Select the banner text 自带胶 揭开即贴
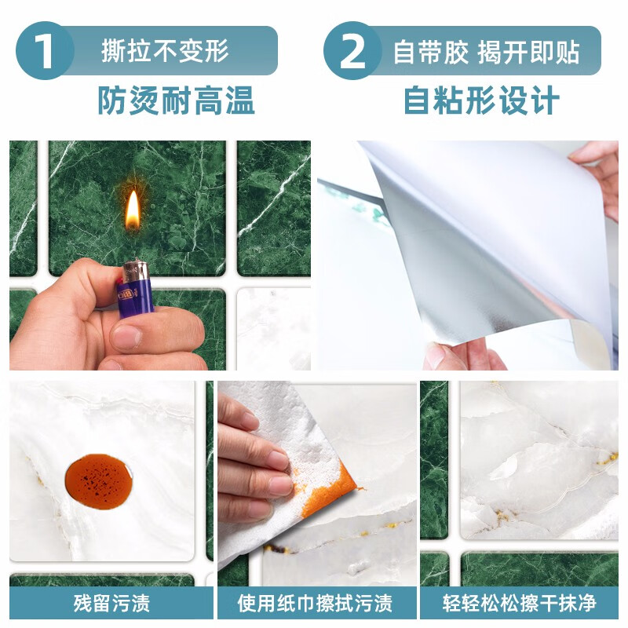486,51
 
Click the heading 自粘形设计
481,100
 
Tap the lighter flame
133,209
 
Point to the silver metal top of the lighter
134,271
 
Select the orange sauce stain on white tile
97,478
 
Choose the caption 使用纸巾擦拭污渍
315,604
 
